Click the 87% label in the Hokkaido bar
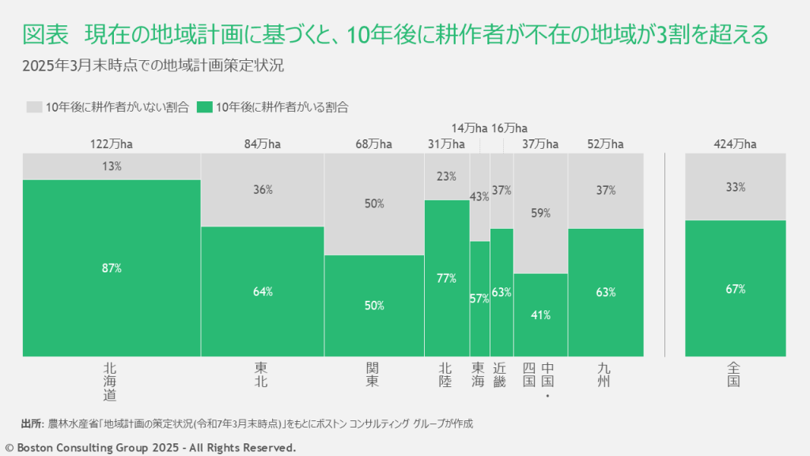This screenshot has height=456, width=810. pos(112,268)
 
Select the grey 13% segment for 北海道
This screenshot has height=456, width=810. pos(112,166)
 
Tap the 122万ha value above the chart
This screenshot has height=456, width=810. pos(112,143)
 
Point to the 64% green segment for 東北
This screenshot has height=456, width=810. pos(263,291)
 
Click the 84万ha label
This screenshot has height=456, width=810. pos(263,143)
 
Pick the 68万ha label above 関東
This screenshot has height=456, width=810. pos(374,143)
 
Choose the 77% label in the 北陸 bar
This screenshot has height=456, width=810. pos(447,278)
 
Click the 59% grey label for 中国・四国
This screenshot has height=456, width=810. pos(540,213)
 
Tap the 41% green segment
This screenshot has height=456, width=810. pos(540,314)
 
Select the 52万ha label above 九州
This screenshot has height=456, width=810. pos(606,143)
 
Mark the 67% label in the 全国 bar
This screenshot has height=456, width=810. pos(736,289)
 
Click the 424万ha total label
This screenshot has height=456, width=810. pos(736,143)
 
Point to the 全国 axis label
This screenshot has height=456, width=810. pos(735,374)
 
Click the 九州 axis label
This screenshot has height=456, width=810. pos(605,374)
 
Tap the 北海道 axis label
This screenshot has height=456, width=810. pos(111,381)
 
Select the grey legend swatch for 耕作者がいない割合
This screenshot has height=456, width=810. pos(33,107)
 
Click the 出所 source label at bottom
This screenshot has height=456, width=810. pos(32,424)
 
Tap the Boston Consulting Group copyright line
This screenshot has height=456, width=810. pos(150,447)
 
